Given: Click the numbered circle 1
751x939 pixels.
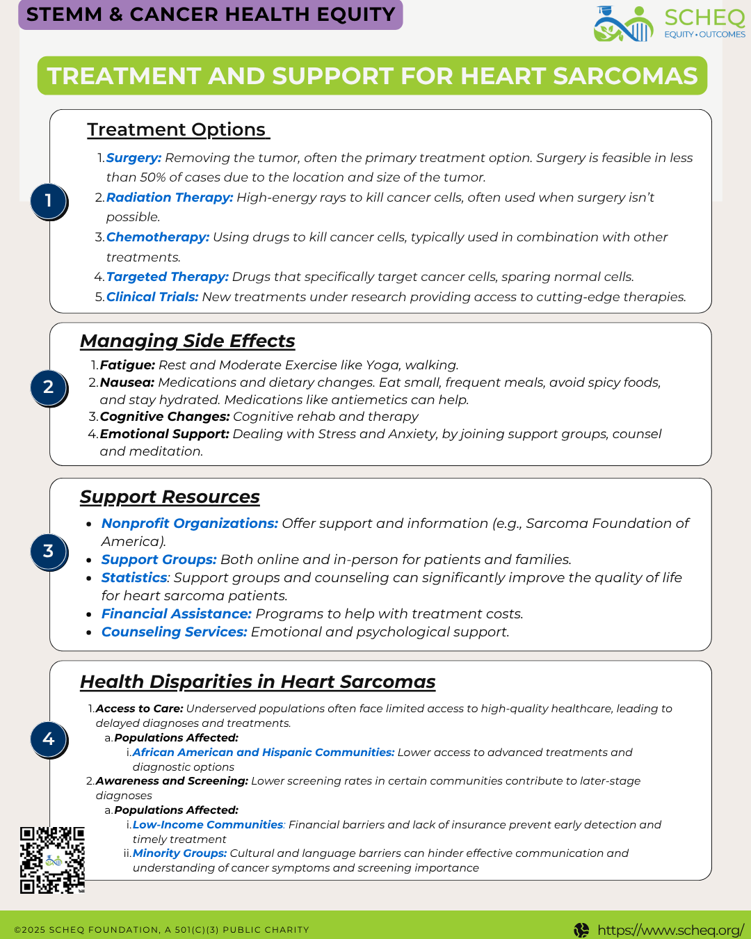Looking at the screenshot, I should pyautogui.click(x=48, y=201).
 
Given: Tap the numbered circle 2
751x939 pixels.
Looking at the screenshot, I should pyautogui.click(x=48, y=387).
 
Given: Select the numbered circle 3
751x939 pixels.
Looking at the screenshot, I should pyautogui.click(x=48, y=552).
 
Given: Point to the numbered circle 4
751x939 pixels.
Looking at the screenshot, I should pyautogui.click(x=48, y=739).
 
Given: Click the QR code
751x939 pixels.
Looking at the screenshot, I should pyautogui.click(x=52, y=860).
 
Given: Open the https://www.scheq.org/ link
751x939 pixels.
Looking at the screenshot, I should pyautogui.click(x=670, y=930).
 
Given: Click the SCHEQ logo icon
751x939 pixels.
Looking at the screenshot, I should pyautogui.click(x=624, y=24).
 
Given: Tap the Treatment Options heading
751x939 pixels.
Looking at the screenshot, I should pyautogui.click(x=177, y=130).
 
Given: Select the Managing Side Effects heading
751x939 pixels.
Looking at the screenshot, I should pyautogui.click(x=187, y=341).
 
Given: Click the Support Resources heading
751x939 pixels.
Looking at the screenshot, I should pyautogui.click(x=170, y=497).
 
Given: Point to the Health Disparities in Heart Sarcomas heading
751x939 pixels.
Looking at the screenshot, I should pyautogui.click(x=257, y=682).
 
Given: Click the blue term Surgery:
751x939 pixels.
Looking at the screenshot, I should pyautogui.click(x=134, y=158).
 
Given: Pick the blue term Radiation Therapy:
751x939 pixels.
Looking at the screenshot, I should pyautogui.click(x=169, y=198).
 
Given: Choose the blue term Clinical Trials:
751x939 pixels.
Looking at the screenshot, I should pyautogui.click(x=152, y=297).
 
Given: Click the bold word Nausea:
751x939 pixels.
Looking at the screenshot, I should pyautogui.click(x=127, y=383).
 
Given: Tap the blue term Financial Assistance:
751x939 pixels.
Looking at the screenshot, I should pyautogui.click(x=176, y=613).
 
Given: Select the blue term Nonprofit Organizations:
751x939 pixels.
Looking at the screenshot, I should pyautogui.click(x=189, y=523).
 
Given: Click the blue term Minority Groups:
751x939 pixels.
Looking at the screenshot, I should pyautogui.click(x=179, y=853).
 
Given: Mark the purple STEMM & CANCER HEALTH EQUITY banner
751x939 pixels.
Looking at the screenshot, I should pyautogui.click(x=210, y=15).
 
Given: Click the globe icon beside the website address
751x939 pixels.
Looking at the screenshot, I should pyautogui.click(x=581, y=930).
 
